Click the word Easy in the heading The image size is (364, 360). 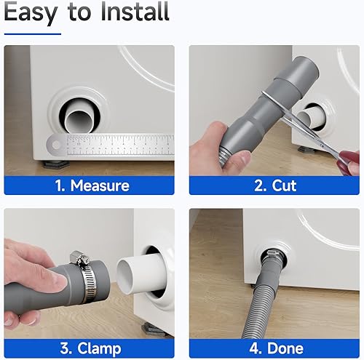[33, 14]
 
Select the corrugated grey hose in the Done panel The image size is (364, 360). [262, 305]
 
